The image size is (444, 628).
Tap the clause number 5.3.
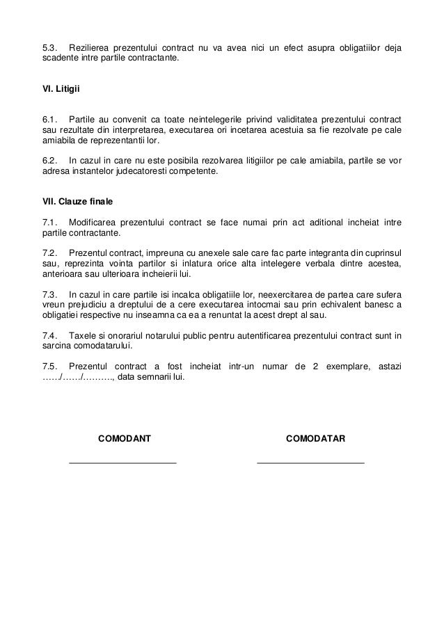(x=49, y=48)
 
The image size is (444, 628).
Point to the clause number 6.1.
(x=49, y=118)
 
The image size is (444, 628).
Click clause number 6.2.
(x=49, y=161)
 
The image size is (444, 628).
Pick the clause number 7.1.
(x=49, y=223)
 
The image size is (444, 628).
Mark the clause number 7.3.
(x=49, y=293)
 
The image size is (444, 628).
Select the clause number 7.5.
(x=49, y=366)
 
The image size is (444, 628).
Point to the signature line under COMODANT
(x=123, y=462)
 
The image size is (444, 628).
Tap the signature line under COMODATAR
(x=310, y=462)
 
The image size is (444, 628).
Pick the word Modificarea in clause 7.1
(x=95, y=223)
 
